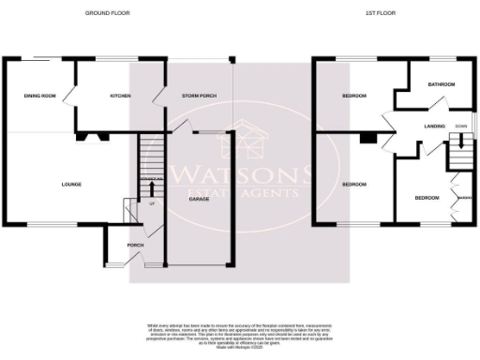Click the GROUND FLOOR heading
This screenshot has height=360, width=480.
click(107, 13)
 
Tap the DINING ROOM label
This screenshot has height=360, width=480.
click(39, 96)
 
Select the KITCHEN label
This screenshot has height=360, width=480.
click(119, 96)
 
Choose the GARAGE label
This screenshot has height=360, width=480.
click(199, 200)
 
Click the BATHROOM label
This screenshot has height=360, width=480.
click(441, 84)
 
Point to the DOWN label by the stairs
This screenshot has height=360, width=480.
click(460, 126)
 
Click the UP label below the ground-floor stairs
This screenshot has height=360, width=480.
click(151, 202)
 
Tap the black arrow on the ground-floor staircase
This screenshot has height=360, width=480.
click(152, 186)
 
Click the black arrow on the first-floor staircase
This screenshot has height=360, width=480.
click(459, 143)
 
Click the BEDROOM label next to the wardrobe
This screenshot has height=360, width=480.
click(427, 198)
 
